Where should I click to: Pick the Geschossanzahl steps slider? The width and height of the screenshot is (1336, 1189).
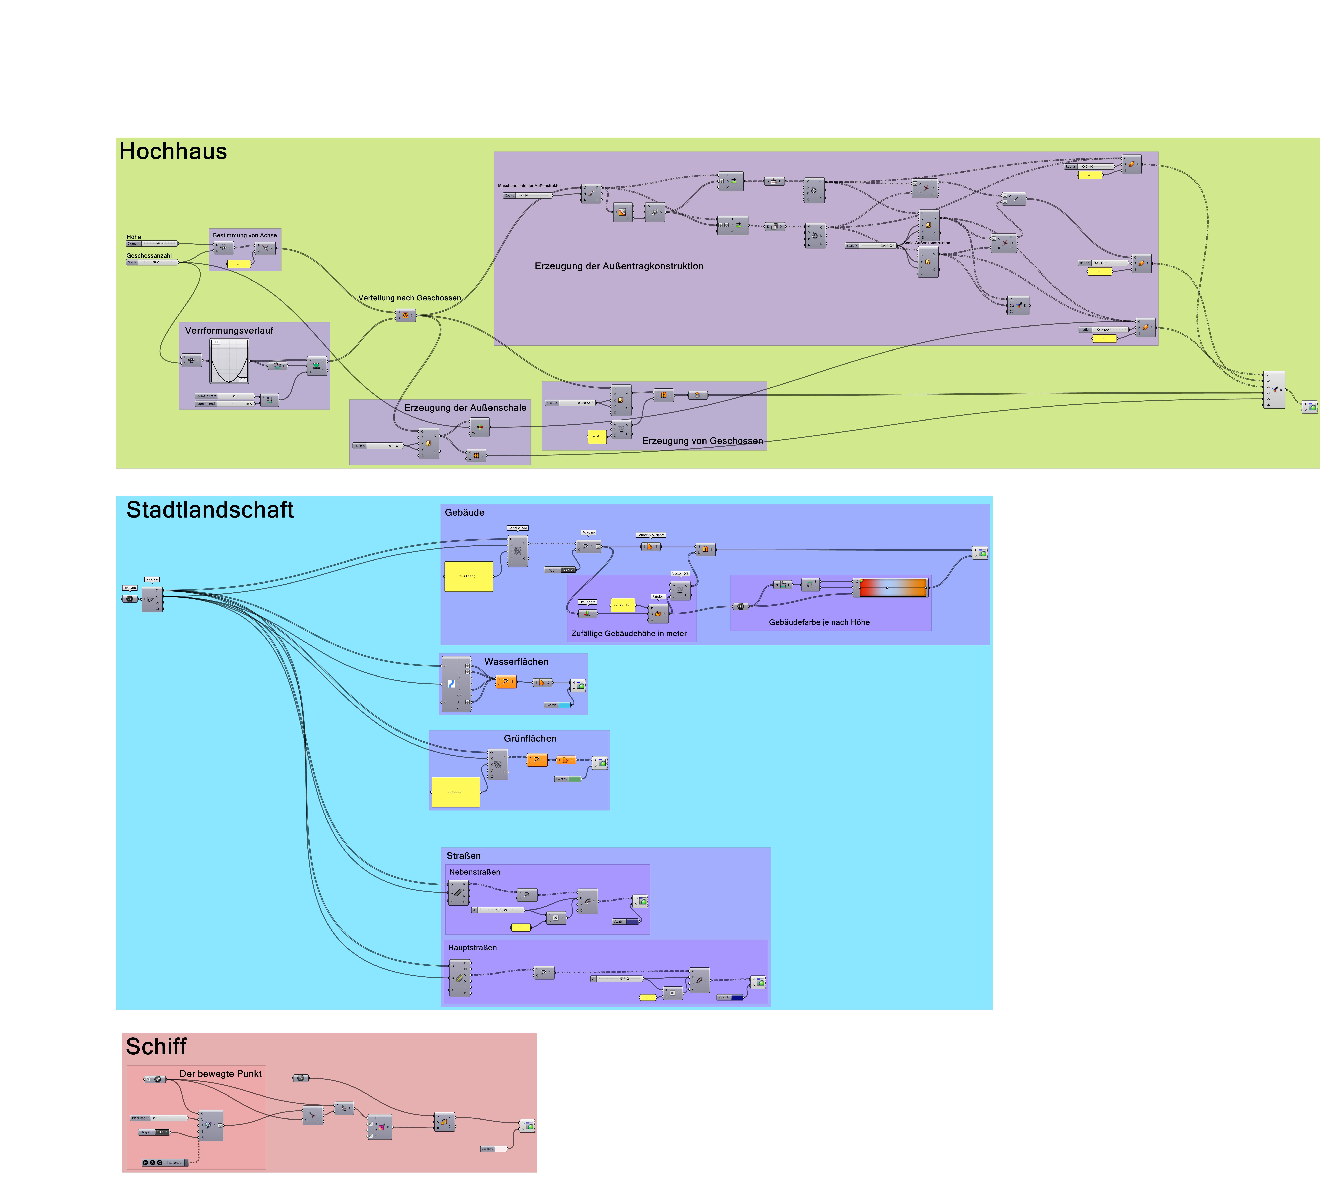point(159,262)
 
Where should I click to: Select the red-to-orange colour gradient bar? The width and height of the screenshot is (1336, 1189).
point(893,588)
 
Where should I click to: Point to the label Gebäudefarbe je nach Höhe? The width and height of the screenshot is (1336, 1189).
point(819,622)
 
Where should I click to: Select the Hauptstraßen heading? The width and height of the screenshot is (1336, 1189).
point(472,948)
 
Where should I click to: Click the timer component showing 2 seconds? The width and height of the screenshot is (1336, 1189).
point(165,1163)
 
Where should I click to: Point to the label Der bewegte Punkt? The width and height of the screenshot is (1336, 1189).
point(220,1074)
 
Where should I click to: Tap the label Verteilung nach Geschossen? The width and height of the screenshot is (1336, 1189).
point(409,298)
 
